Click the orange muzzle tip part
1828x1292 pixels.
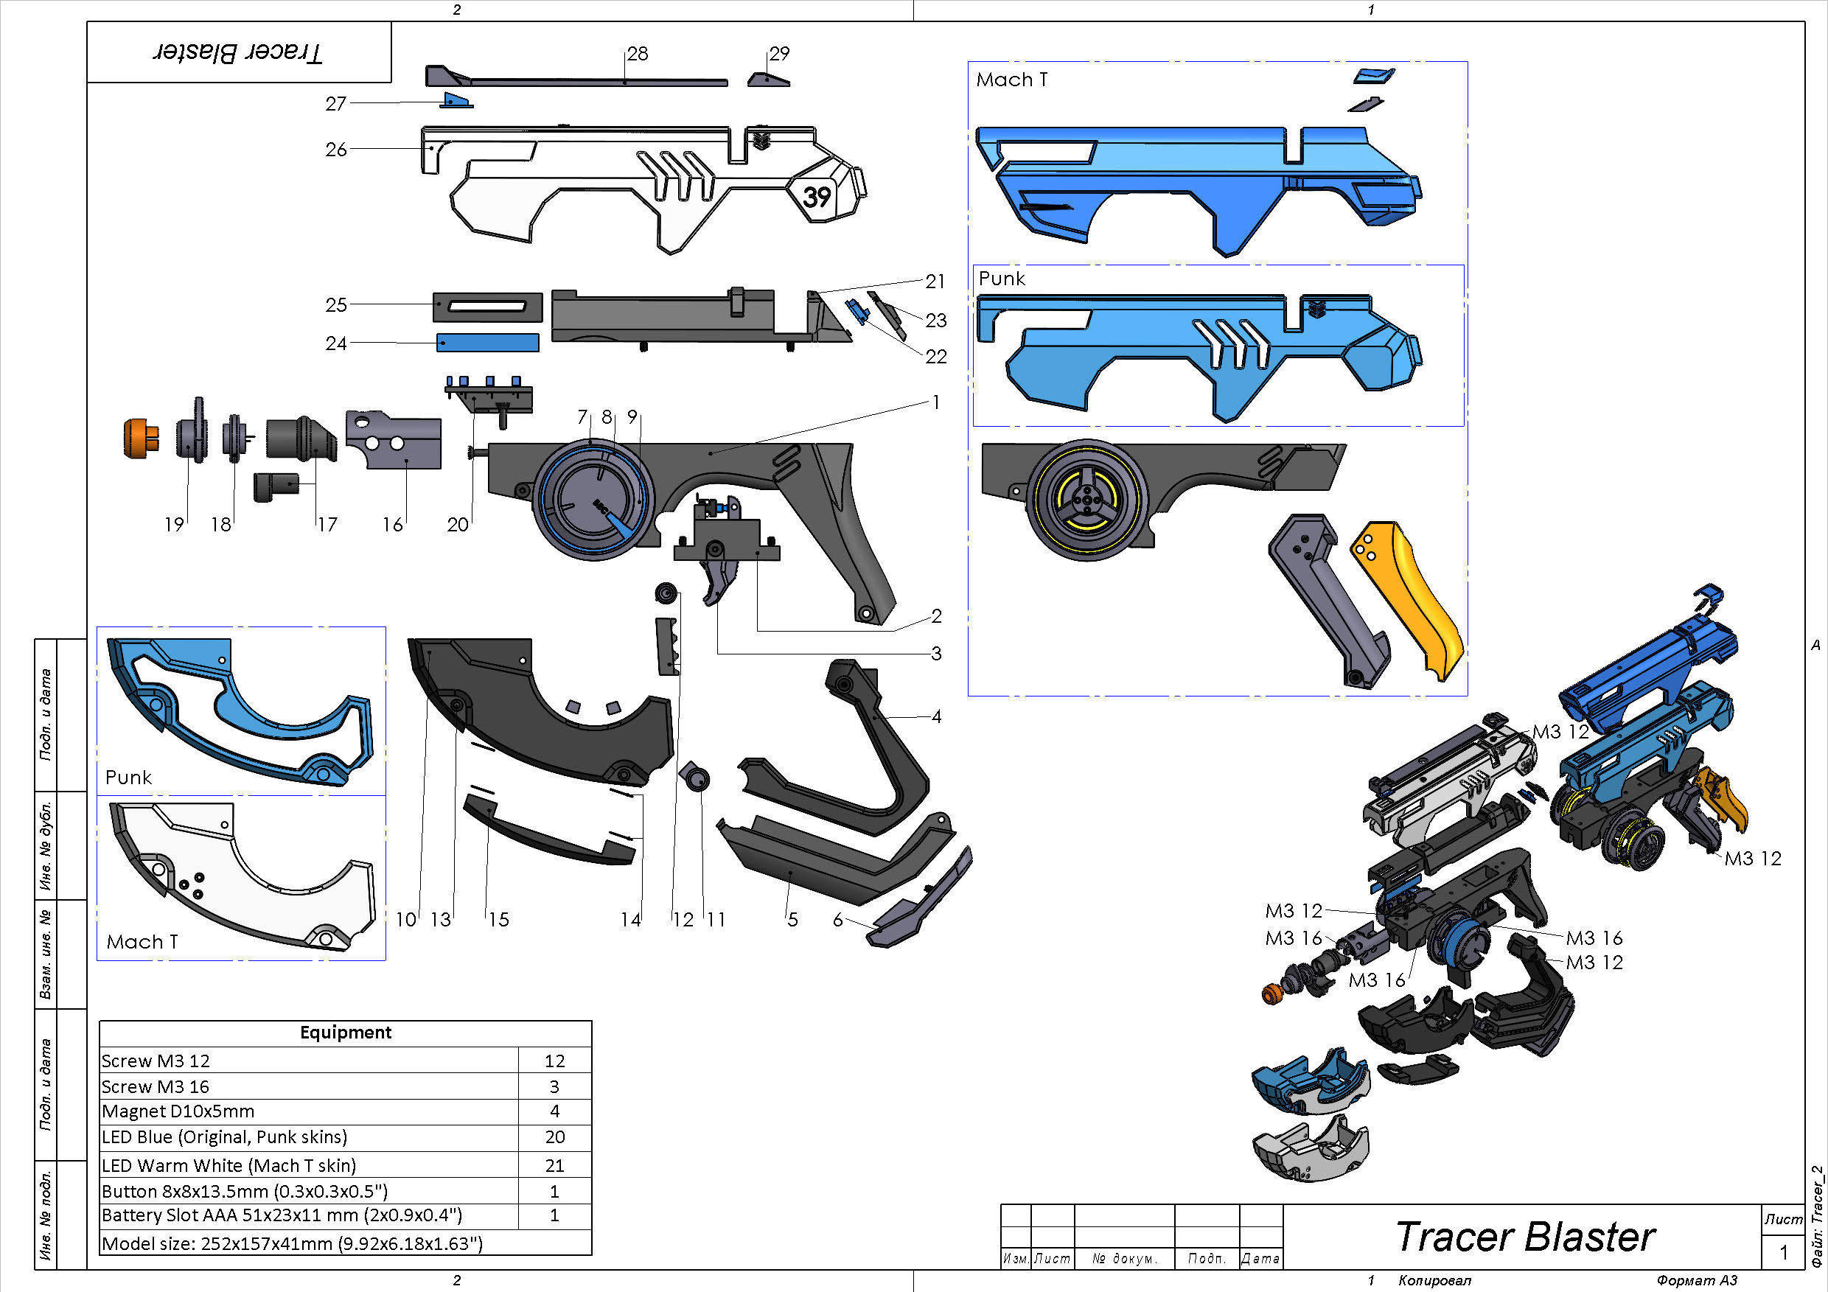point(140,439)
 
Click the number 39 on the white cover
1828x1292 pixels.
point(817,196)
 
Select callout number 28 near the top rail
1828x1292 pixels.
point(637,53)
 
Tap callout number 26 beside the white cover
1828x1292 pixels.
point(336,149)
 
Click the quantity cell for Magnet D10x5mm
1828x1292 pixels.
point(554,1111)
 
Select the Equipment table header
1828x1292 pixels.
point(345,1033)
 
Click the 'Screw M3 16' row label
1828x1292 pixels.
point(156,1086)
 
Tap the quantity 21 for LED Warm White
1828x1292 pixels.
point(554,1165)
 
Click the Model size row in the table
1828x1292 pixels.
point(292,1243)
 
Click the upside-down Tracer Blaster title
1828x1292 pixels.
point(237,53)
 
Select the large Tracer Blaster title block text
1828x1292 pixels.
point(1524,1237)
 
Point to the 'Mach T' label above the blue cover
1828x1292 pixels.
point(1011,80)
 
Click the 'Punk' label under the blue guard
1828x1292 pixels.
point(128,777)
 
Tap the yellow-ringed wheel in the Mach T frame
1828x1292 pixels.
point(1086,500)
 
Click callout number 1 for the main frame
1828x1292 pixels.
point(935,402)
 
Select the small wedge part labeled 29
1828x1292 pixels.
point(768,79)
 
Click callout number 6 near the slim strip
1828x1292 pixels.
point(837,920)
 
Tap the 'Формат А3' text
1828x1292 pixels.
point(1696,1280)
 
